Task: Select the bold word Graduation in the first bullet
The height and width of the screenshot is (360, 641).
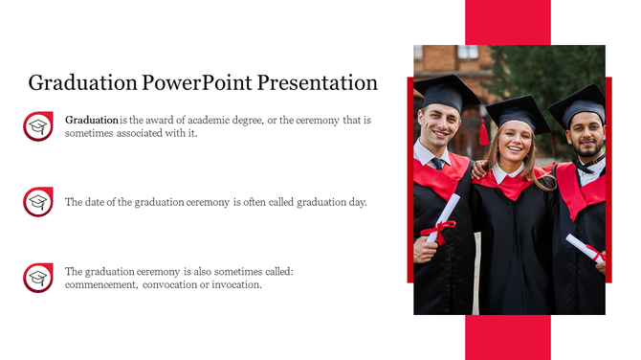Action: [92, 121]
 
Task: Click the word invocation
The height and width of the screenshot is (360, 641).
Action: [236, 285]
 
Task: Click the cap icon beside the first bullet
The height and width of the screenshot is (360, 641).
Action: [38, 126]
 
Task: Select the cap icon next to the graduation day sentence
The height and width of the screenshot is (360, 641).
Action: [38, 202]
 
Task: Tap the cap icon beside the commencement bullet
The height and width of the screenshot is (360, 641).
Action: [38, 278]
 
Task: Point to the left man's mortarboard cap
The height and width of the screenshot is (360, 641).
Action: [446, 92]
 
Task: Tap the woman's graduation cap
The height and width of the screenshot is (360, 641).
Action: [516, 111]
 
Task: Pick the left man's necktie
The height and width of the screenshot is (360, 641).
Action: [437, 164]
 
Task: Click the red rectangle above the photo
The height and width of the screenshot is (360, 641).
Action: [507, 22]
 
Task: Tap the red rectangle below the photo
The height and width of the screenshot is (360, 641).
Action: [507, 337]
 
